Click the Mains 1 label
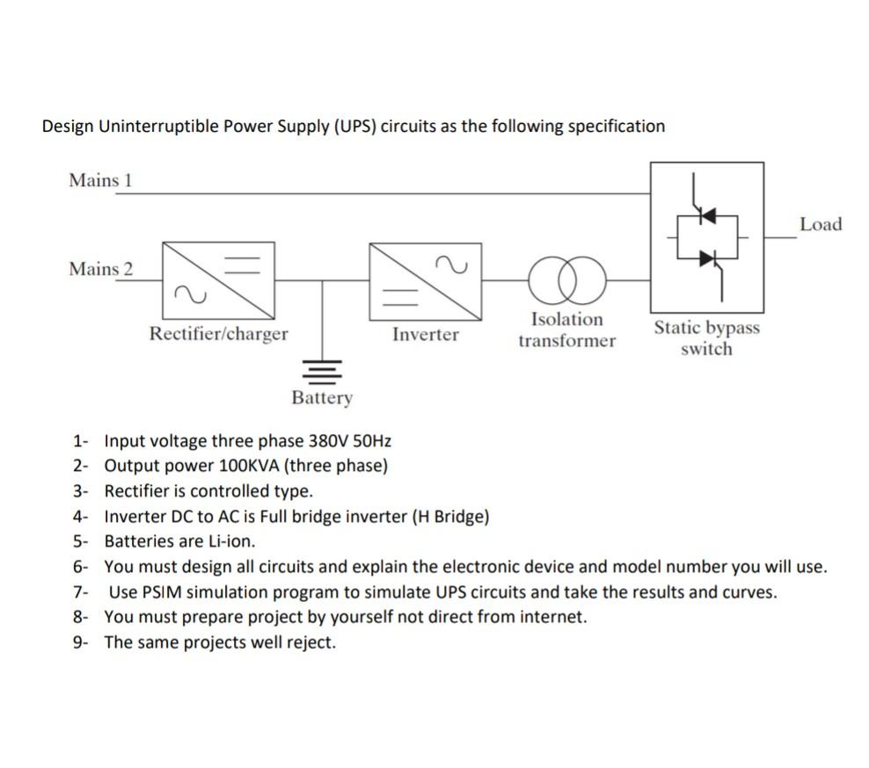coord(100,180)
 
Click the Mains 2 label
coord(100,269)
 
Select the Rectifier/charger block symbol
coord(217,279)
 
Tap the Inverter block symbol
coord(427,279)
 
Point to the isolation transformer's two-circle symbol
coord(567,280)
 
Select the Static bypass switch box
coord(706,237)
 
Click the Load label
coord(821,224)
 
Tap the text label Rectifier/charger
coord(218,334)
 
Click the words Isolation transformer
coord(567,330)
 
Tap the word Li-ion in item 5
coord(231,541)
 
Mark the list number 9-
coord(81,642)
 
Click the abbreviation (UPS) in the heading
coord(354,126)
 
